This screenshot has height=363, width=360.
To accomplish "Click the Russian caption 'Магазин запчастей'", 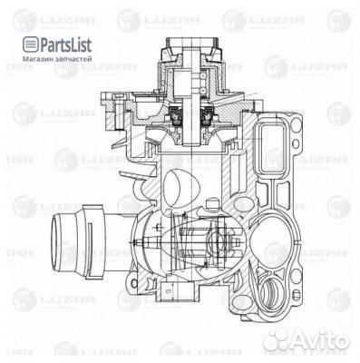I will (x=50, y=59).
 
